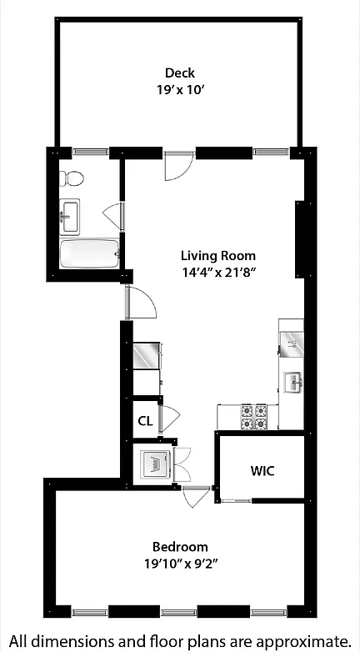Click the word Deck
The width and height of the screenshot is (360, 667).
(180, 73)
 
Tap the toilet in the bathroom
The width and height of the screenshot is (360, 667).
(72, 178)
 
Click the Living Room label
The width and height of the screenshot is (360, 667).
(218, 256)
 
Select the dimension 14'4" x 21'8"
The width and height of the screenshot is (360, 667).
(218, 272)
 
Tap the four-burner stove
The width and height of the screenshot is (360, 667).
(254, 417)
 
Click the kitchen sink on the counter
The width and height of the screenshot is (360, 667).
(292, 383)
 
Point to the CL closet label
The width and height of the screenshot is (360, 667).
(145, 421)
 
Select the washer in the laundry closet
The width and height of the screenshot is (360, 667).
(153, 464)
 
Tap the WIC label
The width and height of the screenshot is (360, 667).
(262, 470)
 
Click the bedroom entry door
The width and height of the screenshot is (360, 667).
(196, 497)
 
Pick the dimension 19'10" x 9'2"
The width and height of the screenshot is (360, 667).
(181, 563)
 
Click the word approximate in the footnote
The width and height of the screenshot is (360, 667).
(302, 642)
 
